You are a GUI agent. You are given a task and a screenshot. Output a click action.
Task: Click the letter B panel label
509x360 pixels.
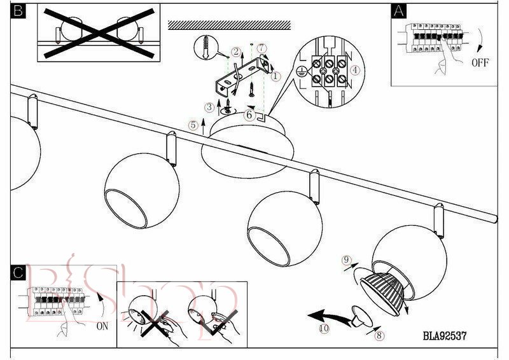(x=18, y=11)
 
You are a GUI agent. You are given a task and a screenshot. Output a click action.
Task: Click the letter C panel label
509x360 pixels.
(x=19, y=273)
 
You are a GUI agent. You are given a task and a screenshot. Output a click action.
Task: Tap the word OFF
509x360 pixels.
(x=480, y=62)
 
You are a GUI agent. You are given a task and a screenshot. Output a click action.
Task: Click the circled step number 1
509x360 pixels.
(x=275, y=76)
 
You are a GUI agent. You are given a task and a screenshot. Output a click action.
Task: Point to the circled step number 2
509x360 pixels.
(x=236, y=52)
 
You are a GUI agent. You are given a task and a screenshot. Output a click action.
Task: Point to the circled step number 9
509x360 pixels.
(x=346, y=260)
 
